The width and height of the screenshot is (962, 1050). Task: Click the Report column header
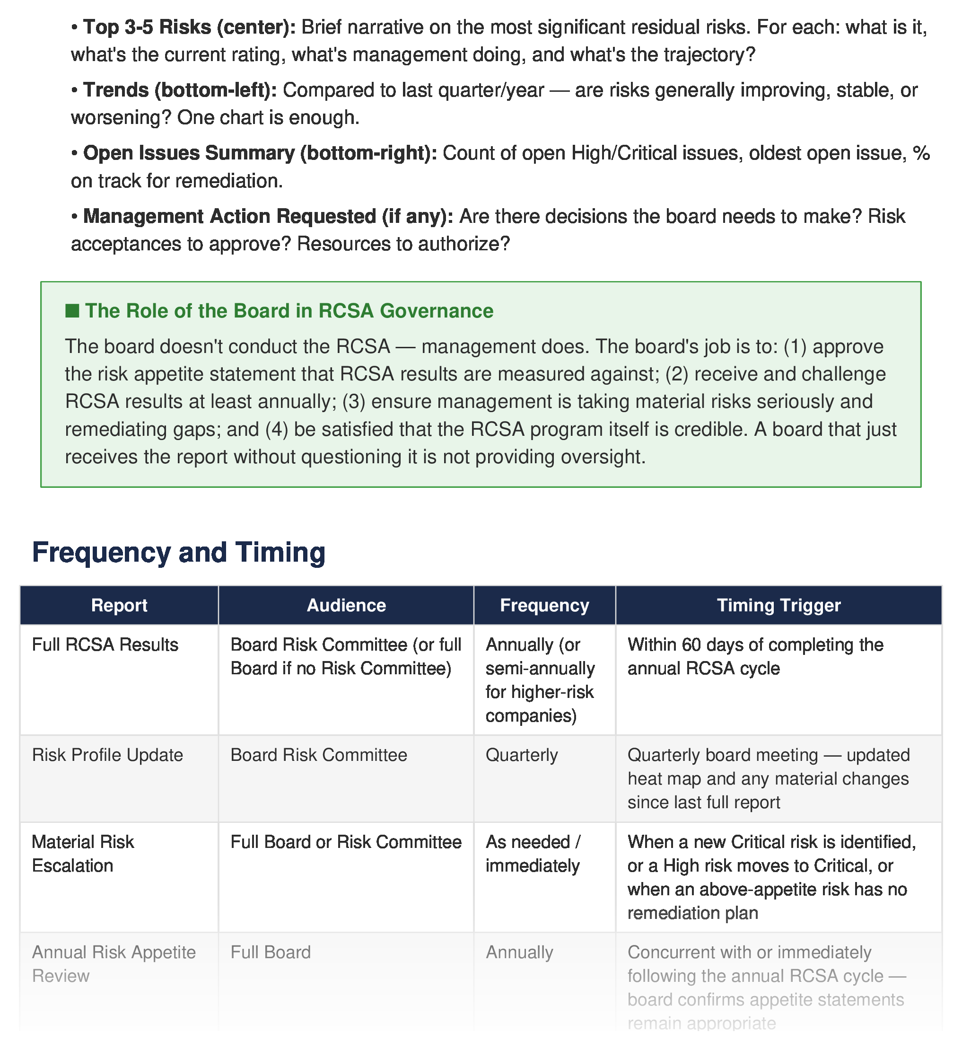(119, 605)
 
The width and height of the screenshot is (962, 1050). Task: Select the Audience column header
(346, 605)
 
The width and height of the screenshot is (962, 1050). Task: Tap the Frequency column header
(544, 605)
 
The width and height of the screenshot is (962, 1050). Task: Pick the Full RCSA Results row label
(105, 645)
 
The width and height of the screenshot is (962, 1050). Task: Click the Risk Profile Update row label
(108, 755)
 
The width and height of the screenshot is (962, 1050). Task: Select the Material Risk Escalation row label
(83, 854)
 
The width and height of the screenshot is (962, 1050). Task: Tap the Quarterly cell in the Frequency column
(522, 755)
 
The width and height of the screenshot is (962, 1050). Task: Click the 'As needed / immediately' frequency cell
(533, 854)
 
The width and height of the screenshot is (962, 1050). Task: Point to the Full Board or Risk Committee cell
(346, 842)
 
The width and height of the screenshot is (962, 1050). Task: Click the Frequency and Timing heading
(179, 553)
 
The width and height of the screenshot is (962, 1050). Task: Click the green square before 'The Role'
(72, 311)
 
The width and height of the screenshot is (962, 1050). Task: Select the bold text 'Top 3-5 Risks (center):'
(190, 27)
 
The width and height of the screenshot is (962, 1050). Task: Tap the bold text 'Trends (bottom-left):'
(180, 90)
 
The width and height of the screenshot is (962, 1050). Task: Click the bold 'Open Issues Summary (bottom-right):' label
(260, 153)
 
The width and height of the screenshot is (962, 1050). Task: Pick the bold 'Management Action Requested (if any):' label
(268, 216)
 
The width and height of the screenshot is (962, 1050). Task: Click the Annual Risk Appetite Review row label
(114, 964)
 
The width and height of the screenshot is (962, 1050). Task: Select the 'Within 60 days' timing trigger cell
(755, 656)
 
